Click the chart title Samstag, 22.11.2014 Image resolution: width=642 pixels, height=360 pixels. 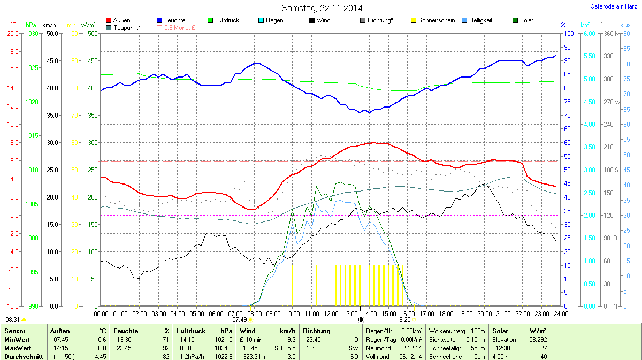pyautogui.click(x=322, y=8)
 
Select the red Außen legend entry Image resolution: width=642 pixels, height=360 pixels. pyautogui.click(x=118, y=20)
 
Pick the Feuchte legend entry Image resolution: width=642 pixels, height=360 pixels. pyautogui.click(x=171, y=20)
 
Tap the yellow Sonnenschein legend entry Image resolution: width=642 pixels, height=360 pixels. pyautogui.click(x=432, y=20)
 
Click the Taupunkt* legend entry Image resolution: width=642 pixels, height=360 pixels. pyautogui.click(x=124, y=27)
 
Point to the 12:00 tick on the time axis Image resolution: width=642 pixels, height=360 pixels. pyautogui.click(x=331, y=313)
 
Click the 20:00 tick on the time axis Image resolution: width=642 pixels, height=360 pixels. pyautogui.click(x=484, y=313)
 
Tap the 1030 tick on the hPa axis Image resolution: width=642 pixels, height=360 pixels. pyautogui.click(x=32, y=34)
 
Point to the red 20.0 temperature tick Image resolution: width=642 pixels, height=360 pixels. pyautogui.click(x=13, y=34)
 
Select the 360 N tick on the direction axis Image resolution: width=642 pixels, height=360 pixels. pyautogui.click(x=608, y=34)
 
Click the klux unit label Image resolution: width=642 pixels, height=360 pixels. pyautogui.click(x=625, y=25)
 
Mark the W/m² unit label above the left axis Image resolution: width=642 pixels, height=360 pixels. pyautogui.click(x=88, y=25)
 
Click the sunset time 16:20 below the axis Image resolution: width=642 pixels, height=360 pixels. pyautogui.click(x=403, y=320)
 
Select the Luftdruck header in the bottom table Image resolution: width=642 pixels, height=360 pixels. pyautogui.click(x=191, y=331)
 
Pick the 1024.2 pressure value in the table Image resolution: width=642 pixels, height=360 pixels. pyautogui.click(x=224, y=348)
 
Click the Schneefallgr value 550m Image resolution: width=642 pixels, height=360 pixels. pyautogui.click(x=477, y=348)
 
